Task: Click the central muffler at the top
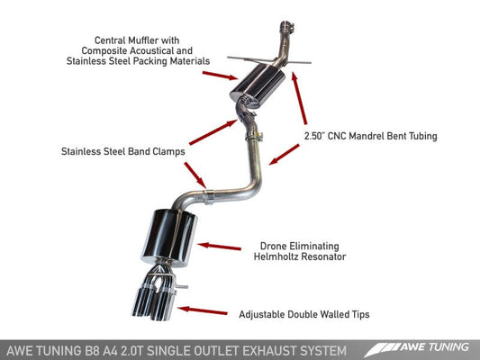262,86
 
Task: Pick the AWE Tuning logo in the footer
432,345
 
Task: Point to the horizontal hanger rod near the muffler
270,60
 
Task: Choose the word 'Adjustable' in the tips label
265,315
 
